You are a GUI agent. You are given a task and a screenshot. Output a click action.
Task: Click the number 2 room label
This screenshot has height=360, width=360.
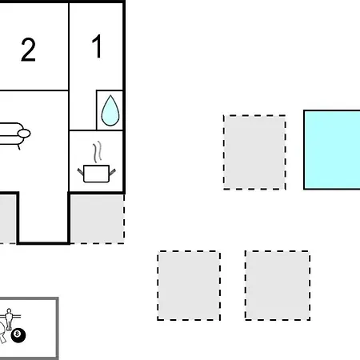coord(28,50)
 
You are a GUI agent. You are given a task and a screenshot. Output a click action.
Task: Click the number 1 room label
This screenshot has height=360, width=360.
coord(97,46)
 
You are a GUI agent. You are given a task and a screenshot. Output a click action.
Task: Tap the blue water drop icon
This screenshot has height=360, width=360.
coord(110,110)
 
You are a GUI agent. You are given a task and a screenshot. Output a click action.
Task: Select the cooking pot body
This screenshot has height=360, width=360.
coord(96,174)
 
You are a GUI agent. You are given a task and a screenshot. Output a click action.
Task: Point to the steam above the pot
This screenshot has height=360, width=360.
coord(98,151)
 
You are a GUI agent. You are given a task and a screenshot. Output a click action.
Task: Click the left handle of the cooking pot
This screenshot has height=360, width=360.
coord(81,172)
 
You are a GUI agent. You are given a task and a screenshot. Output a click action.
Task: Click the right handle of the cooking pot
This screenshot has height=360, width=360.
coord(112,172)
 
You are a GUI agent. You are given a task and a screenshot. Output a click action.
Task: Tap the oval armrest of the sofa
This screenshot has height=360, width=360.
coord(24,134)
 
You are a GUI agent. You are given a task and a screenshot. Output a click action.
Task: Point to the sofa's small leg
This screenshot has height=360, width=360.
coord(18,147)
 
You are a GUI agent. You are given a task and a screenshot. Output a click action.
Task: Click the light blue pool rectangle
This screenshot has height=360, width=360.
coord(332,150)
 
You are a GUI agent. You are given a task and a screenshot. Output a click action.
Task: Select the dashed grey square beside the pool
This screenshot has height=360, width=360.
coord(254,152)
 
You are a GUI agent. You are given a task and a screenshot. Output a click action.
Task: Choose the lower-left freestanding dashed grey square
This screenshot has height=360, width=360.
coord(189,286)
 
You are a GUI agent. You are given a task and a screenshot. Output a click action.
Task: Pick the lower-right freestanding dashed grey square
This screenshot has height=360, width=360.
coord(278,286)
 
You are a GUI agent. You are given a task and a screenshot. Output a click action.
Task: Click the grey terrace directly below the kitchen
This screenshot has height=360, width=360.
coord(98,218)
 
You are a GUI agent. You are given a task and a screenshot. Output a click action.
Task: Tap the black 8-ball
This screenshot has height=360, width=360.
coord(18,335)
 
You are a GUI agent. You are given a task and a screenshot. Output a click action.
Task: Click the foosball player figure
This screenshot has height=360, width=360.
coord(9,318)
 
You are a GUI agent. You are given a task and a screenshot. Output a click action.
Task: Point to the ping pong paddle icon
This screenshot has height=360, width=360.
coord(2,333)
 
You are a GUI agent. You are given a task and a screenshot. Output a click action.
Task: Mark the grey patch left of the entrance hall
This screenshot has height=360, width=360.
coord(8,218)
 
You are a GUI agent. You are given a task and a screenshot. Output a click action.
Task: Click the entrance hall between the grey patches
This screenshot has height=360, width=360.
coord(43,217)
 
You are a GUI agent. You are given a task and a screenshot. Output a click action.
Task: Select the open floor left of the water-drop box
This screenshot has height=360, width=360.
coord(82,110)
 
